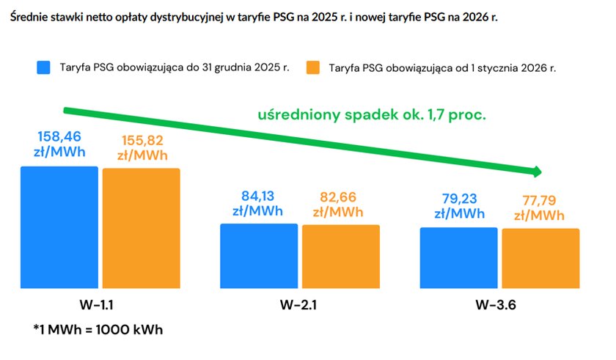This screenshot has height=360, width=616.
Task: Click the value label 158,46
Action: [x=59, y=136]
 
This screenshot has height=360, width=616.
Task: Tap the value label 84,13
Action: [x=260, y=195]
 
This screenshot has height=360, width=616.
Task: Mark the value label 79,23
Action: [x=459, y=199]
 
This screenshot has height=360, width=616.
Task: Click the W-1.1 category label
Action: [x=100, y=304]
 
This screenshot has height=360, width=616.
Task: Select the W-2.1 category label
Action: [x=300, y=304]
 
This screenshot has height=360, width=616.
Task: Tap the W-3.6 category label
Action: [x=499, y=304]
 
